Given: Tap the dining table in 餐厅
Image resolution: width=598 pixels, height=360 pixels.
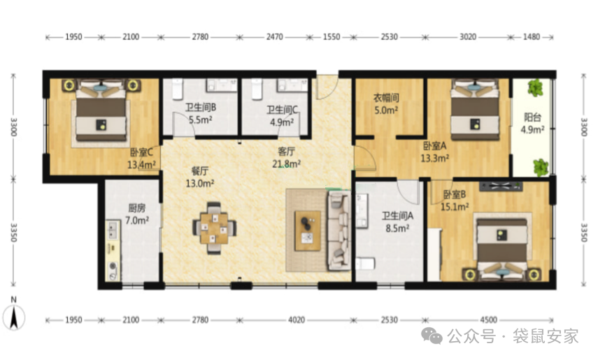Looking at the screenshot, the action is pos(214,228).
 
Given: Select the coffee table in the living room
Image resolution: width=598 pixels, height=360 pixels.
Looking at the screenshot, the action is pos(307,231).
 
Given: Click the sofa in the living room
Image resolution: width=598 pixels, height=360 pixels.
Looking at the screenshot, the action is pos(339,230).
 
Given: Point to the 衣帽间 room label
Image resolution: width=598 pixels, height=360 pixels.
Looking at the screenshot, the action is pos(386,98).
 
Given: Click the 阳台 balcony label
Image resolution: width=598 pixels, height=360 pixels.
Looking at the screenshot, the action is pos(532,117).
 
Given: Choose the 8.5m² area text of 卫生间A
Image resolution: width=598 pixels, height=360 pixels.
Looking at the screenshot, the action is pos(397,229).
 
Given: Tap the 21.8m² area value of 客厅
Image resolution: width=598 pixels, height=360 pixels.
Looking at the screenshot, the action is pos(286,164).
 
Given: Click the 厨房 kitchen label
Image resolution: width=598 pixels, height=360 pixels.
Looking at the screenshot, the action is pos(136,208).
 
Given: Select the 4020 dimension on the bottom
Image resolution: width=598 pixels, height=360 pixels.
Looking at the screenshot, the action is pos(297,320).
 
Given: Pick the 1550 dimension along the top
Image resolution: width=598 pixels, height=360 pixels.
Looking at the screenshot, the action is pos(332,37).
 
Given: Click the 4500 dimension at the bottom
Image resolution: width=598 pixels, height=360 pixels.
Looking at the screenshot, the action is pos(488,320).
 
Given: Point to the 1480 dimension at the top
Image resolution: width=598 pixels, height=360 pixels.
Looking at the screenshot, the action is pos(532,37).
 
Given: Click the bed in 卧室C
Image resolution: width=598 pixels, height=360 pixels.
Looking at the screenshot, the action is pos(101,110).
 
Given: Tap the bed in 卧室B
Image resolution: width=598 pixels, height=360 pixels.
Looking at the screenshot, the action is pos(502,245).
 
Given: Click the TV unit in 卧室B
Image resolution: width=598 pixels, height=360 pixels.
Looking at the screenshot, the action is pos(501,186).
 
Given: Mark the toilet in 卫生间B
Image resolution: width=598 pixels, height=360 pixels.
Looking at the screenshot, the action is pos(178,89).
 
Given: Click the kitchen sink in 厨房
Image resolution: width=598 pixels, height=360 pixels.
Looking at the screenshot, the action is pos(112,230).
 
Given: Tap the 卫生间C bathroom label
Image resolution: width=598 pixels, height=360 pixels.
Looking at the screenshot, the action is pos(282,110).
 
